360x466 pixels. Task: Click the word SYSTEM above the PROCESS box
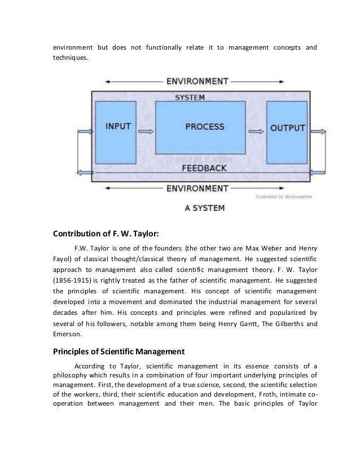[x=190, y=98]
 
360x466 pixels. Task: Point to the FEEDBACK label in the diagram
[x=204, y=169]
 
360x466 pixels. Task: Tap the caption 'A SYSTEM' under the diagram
[x=205, y=208]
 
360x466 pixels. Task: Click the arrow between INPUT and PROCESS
[x=146, y=132]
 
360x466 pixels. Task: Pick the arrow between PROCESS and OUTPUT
[x=256, y=132]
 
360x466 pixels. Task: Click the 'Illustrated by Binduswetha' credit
[x=280, y=197]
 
